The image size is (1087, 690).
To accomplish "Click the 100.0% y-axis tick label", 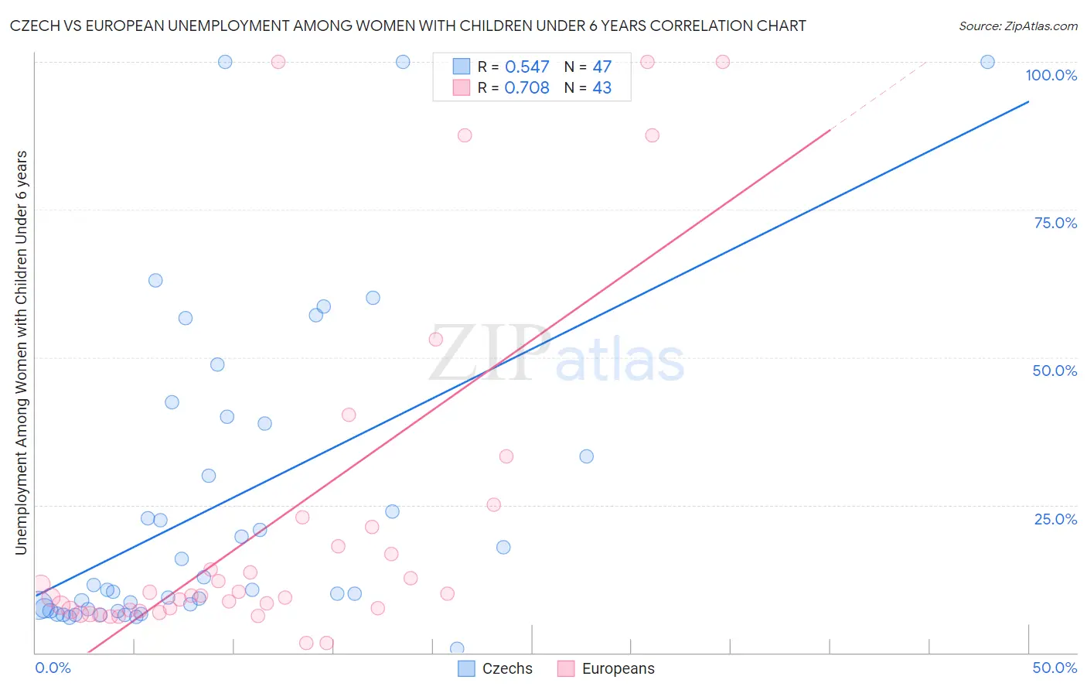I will click(x=1051, y=75).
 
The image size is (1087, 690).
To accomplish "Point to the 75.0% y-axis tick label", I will click(x=1055, y=223).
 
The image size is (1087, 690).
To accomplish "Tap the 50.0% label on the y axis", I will click(x=1055, y=371).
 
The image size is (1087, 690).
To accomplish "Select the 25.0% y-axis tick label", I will click(x=1055, y=519).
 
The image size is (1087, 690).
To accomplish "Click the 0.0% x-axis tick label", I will click(x=53, y=668).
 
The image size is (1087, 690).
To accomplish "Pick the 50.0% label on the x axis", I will click(x=1055, y=668).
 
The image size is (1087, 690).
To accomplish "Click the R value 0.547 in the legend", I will click(x=526, y=67).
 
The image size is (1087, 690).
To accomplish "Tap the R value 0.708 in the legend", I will click(x=526, y=88).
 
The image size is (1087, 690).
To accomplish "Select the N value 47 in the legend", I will click(x=601, y=67).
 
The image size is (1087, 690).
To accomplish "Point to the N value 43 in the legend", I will click(x=601, y=88).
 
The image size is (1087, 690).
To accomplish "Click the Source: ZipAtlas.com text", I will click(x=1017, y=26).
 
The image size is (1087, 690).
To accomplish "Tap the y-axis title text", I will click(x=22, y=352).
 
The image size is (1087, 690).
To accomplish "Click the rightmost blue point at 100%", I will click(x=987, y=62).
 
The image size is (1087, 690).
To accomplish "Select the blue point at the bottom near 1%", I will click(x=457, y=648).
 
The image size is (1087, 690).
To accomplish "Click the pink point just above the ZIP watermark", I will click(x=436, y=339).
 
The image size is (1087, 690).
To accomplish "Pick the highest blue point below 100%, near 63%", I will click(x=155, y=281).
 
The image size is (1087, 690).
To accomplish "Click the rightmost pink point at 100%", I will click(x=723, y=62).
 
